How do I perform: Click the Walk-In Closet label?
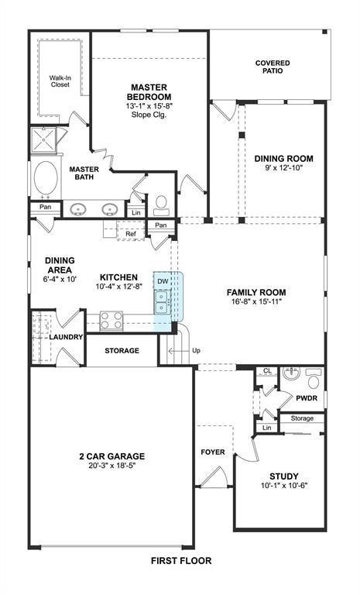[60, 81]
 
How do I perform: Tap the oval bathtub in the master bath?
[46, 178]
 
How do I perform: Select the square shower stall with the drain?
[43, 139]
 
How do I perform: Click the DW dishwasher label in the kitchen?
[163, 281]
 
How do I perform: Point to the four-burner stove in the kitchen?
[111, 320]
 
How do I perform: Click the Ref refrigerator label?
[131, 234]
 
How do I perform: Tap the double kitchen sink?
[162, 301]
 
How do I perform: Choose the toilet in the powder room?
[314, 378]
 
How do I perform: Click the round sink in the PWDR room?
[291, 373]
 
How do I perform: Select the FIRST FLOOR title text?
[181, 560]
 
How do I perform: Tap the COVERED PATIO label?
[273, 67]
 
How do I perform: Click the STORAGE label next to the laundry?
[122, 351]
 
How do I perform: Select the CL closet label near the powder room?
[267, 371]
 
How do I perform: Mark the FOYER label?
[212, 452]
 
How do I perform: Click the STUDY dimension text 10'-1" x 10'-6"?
[284, 485]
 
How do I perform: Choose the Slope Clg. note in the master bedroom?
[149, 114]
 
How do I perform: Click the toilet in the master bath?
[161, 205]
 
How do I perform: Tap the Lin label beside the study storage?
[266, 428]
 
